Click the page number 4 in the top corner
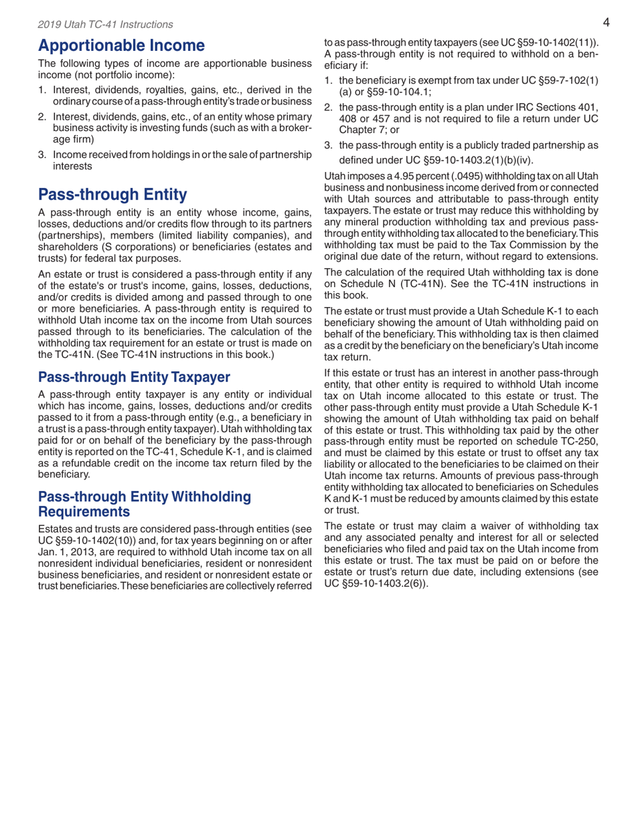coord(605,23)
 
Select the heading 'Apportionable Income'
coord(121,46)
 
